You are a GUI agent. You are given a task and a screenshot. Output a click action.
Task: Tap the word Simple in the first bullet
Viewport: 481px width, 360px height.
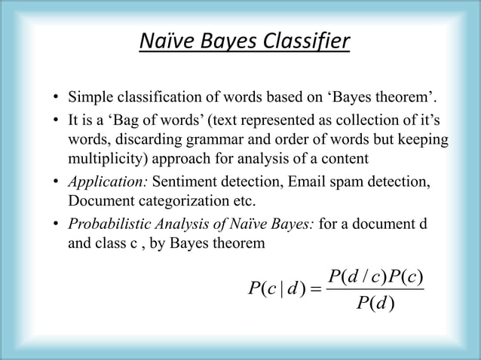[x=90, y=100]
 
